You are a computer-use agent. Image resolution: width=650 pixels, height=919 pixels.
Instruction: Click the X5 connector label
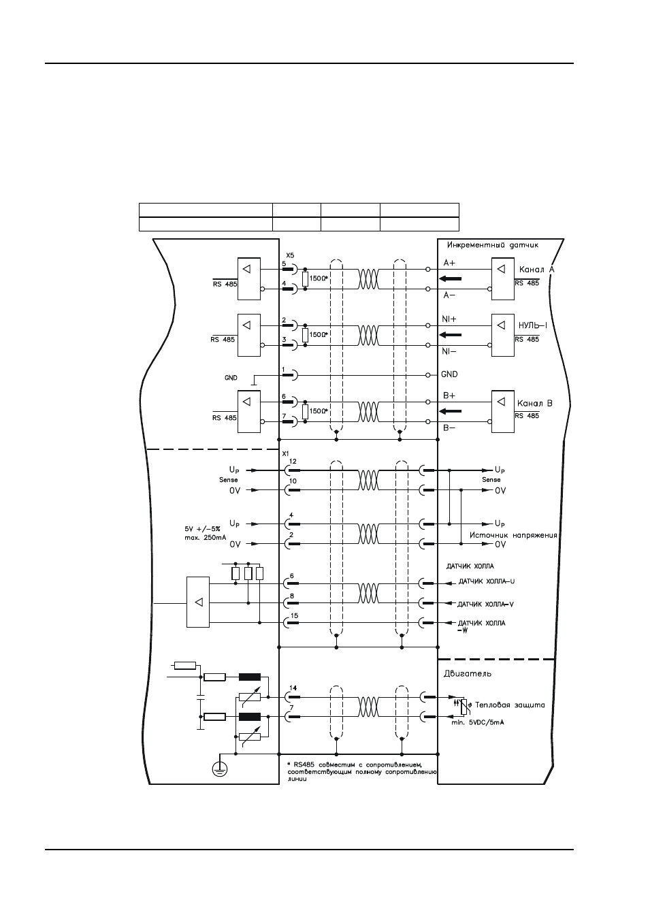(x=290, y=255)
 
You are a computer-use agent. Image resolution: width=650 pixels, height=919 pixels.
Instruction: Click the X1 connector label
(x=286, y=453)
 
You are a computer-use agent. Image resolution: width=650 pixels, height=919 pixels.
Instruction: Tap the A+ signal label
(x=449, y=263)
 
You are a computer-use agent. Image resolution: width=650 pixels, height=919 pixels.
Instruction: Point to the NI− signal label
(x=449, y=351)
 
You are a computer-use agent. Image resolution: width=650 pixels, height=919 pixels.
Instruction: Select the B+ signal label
(x=449, y=396)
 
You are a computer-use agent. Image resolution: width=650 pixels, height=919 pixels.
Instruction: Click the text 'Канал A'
(x=536, y=270)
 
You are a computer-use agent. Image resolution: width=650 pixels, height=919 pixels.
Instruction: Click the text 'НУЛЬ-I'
(x=533, y=325)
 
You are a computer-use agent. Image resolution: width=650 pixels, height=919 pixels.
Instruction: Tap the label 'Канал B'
(x=535, y=403)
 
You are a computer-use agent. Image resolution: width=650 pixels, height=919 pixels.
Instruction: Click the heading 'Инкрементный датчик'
(x=493, y=245)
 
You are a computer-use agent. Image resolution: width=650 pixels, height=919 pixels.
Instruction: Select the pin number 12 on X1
(x=293, y=462)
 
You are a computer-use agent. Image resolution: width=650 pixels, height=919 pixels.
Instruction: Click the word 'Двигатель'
(x=468, y=674)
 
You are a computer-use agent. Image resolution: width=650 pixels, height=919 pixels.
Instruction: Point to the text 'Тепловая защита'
(x=510, y=705)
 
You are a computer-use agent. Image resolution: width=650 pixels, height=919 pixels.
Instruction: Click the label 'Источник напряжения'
(x=513, y=535)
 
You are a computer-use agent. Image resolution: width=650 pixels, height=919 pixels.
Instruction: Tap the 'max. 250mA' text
(x=206, y=538)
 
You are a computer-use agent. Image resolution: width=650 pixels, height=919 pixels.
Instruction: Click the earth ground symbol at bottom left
(x=220, y=770)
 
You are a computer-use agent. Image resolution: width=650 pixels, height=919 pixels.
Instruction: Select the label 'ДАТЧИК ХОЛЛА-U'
(x=487, y=581)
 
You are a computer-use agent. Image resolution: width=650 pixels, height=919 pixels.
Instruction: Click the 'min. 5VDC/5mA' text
(x=478, y=722)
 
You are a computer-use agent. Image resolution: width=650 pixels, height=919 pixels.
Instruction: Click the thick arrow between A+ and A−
(x=450, y=279)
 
